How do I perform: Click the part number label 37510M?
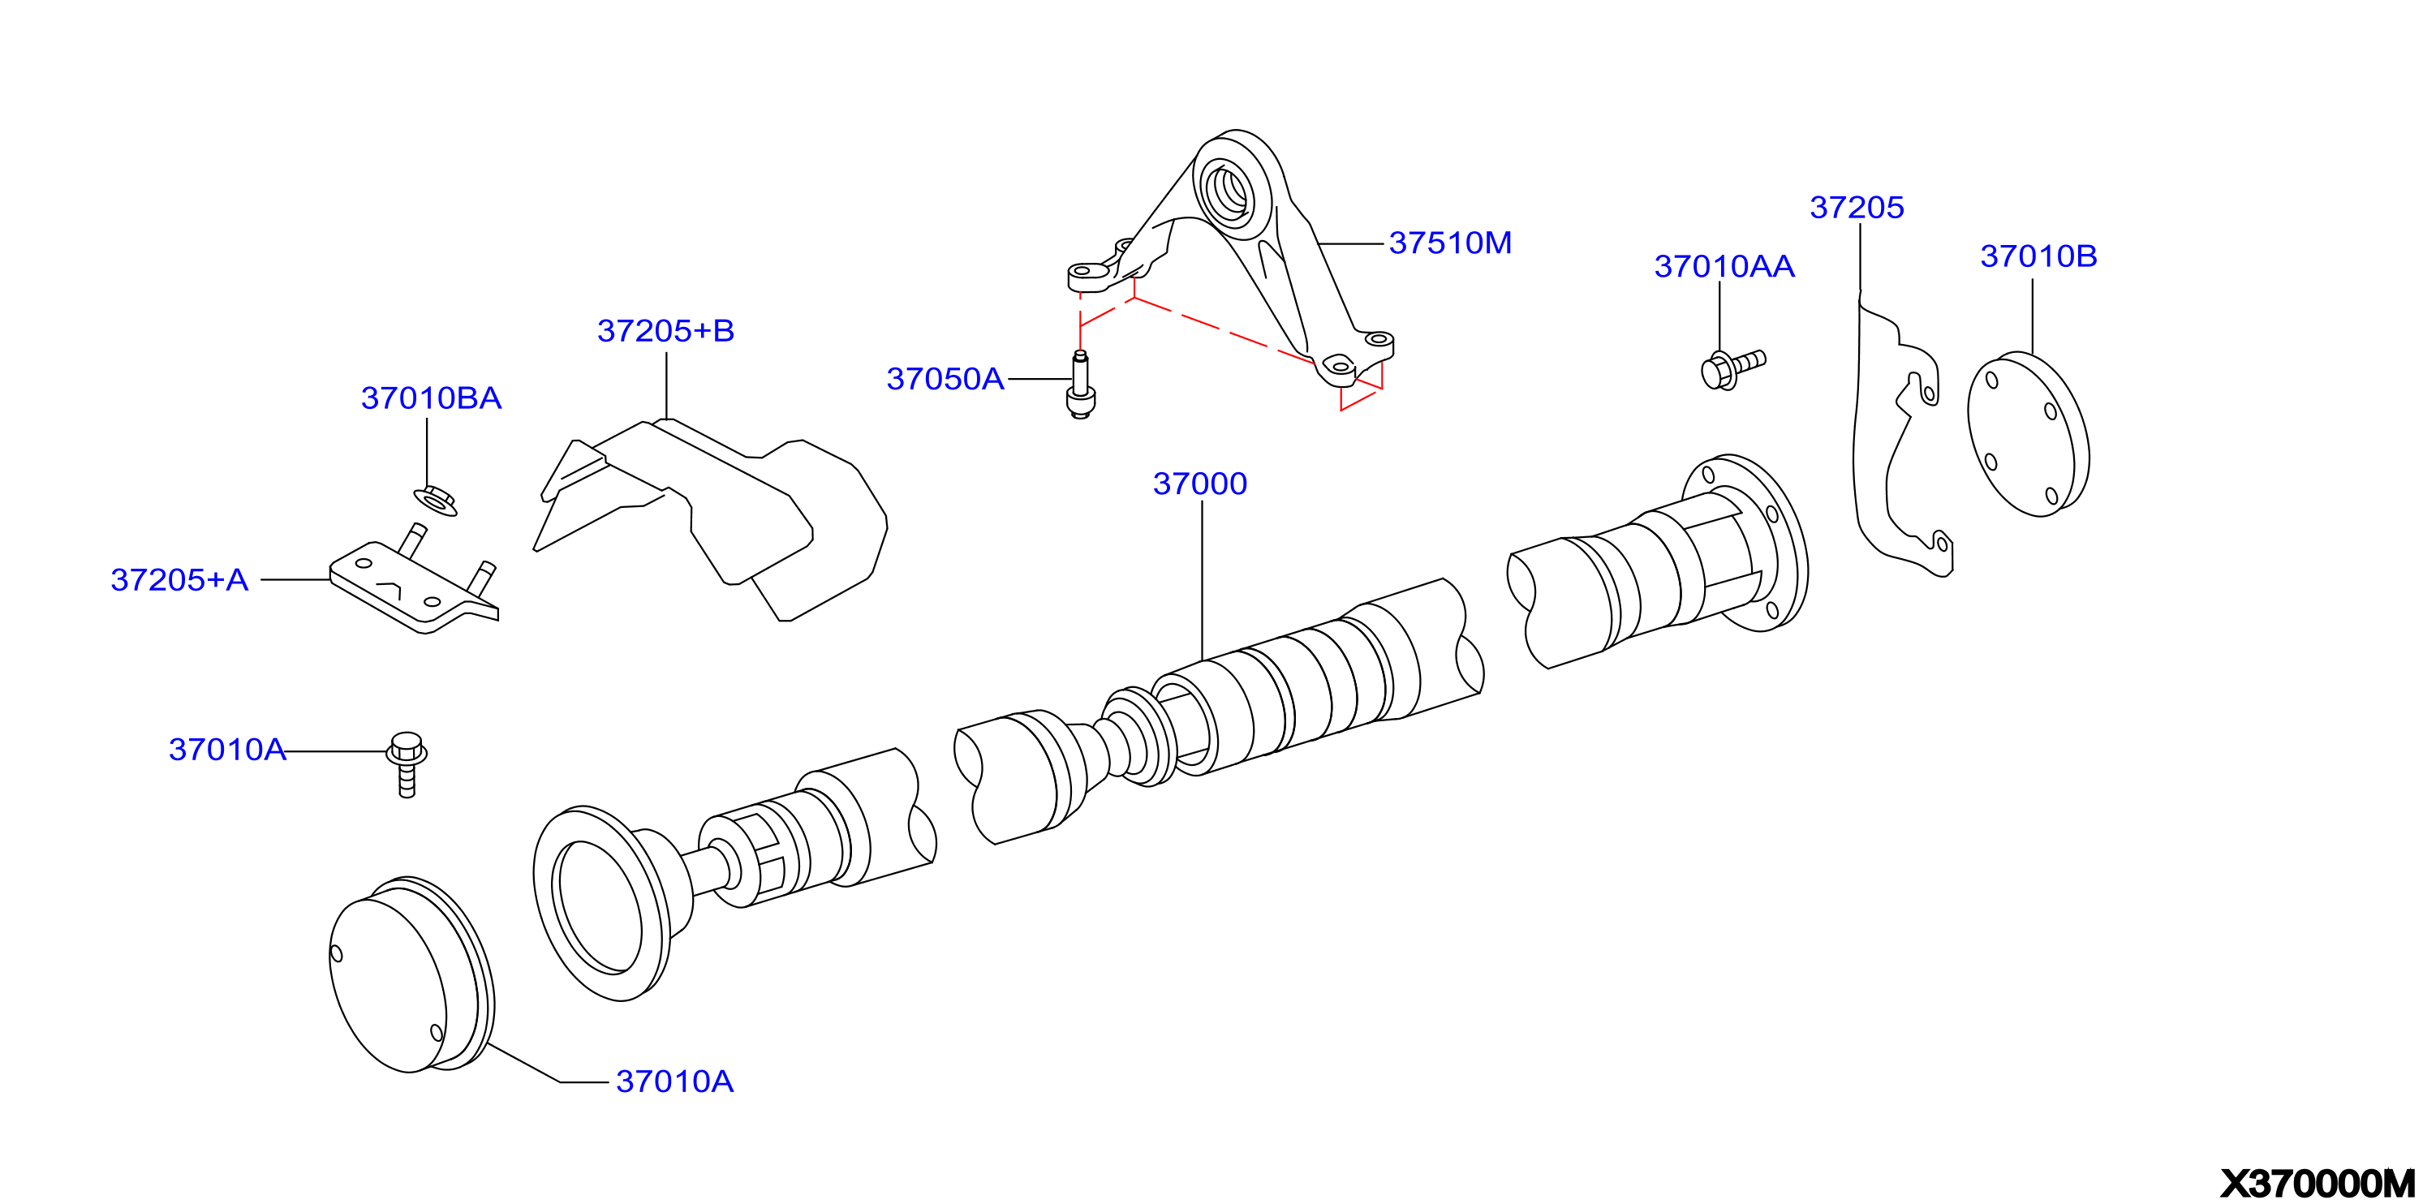tap(1449, 243)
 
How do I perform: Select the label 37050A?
tap(945, 378)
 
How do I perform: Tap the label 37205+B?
tap(665, 330)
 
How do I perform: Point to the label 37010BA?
tap(431, 398)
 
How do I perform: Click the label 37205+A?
tap(179, 579)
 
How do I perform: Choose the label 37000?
tap(1199, 484)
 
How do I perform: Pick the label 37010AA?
tap(1724, 266)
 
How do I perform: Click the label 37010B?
tap(2038, 256)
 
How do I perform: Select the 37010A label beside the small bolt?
tap(226, 749)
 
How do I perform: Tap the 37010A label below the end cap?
tap(674, 1081)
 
